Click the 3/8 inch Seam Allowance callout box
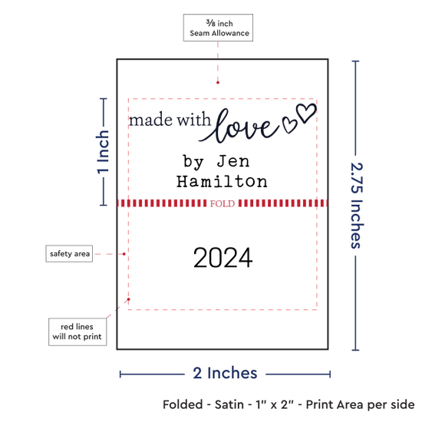coord(218,28)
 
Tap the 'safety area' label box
coord(69,253)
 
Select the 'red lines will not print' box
coord(77,331)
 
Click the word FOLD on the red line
coord(223,203)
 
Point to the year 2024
coord(223,258)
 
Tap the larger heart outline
coord(306,113)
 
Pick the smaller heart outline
coord(289,124)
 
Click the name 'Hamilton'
coord(222,181)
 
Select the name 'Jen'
coord(233,161)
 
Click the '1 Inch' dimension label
coord(103,152)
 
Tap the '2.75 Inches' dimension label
coord(357,206)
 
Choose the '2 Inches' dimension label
coord(225,374)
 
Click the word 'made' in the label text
coord(150,120)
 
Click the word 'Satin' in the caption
coord(229,404)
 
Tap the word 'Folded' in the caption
coord(183,404)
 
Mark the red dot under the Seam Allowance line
coord(218,82)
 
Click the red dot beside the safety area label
coord(124,254)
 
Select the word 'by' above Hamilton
coord(193,162)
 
